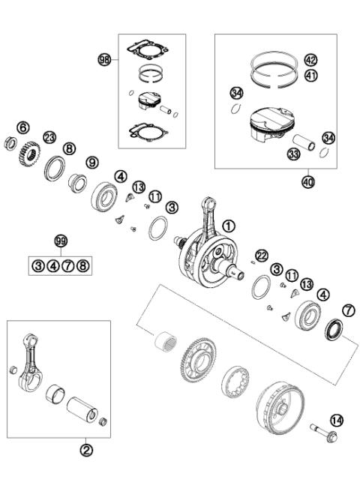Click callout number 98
[x=104, y=58]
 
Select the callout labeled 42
[x=310, y=60]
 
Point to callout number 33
[x=293, y=154]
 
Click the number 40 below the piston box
[x=308, y=181]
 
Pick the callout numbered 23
[x=49, y=136]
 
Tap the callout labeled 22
[x=262, y=255]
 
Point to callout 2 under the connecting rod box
[x=86, y=450]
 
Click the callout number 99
[x=61, y=241]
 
